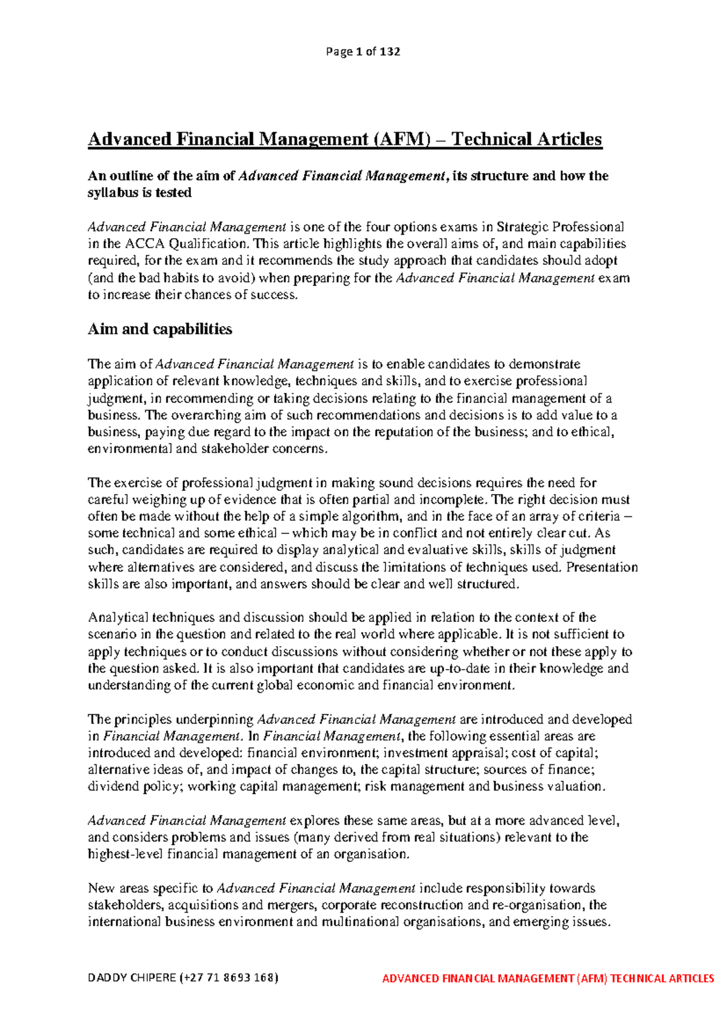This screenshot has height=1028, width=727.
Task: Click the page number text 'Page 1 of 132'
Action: click(x=363, y=52)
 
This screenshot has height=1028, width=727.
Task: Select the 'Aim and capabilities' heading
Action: click(x=160, y=329)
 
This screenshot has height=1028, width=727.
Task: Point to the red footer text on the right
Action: click(x=548, y=978)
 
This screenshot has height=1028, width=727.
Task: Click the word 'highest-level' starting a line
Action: click(x=125, y=854)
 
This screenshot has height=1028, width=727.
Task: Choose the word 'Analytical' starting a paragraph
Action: click(x=118, y=618)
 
